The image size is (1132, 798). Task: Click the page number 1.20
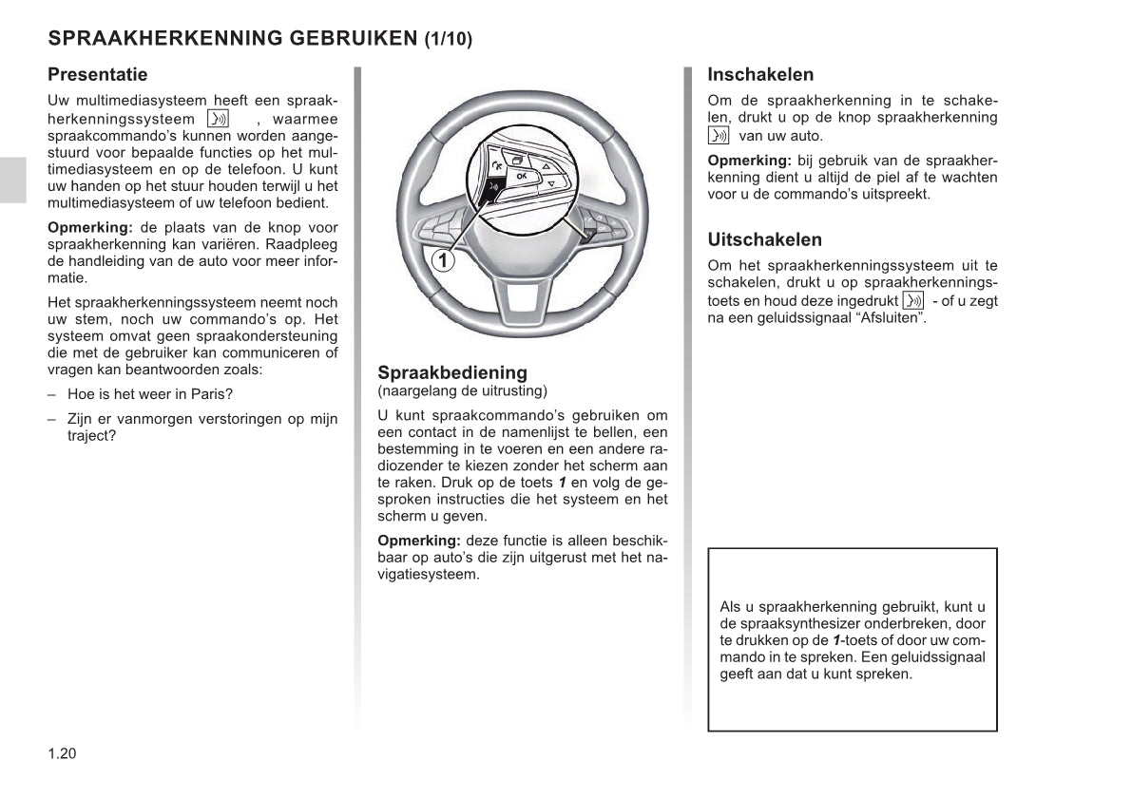(x=61, y=753)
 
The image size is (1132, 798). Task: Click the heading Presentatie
(x=98, y=74)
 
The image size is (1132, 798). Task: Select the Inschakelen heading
(x=760, y=74)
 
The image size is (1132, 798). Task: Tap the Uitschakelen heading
(x=764, y=239)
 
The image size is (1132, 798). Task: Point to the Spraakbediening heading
(x=451, y=372)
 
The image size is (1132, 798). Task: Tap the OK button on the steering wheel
(x=521, y=177)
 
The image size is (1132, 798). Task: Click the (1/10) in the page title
(x=448, y=40)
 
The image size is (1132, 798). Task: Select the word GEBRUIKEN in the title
(x=353, y=39)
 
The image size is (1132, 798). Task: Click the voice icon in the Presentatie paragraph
(x=218, y=120)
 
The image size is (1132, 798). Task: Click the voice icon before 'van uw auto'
(x=719, y=136)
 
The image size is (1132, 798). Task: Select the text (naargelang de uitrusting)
(x=462, y=390)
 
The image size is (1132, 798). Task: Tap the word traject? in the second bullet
(x=91, y=436)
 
